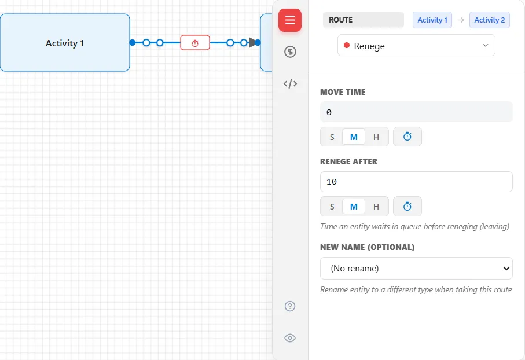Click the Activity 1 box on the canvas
pos(65,42)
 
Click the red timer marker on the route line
pos(195,42)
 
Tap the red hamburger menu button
pos(290,20)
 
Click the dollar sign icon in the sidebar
pos(290,52)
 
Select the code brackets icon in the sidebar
pos(290,83)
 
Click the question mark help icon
pos(290,306)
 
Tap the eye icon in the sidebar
pos(290,338)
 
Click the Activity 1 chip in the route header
pos(432,20)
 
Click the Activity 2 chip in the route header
pos(490,20)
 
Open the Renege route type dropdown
pos(416,46)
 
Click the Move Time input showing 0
pos(416,112)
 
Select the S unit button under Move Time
pos(332,137)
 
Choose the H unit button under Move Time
pos(376,137)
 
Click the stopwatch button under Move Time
pos(407,137)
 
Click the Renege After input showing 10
pos(416,182)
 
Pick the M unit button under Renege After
pos(354,207)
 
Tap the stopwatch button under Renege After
pos(407,206)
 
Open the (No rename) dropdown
pos(416,268)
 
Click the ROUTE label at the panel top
pos(340,20)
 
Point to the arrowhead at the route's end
pos(252,42)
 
